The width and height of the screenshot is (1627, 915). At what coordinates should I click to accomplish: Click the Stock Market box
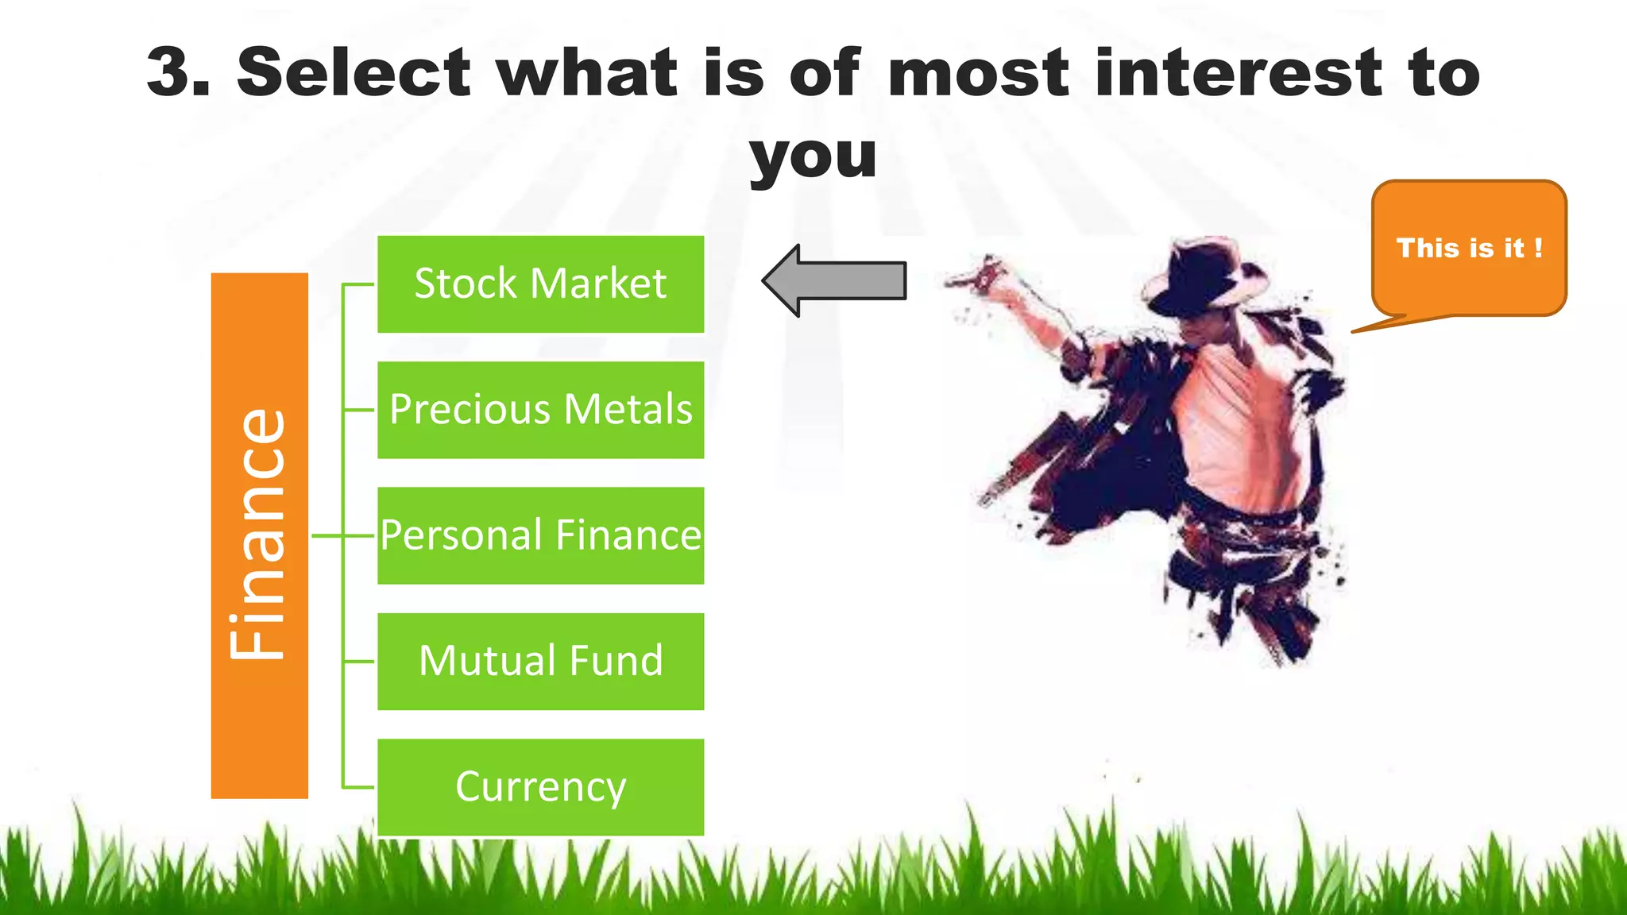coord(540,284)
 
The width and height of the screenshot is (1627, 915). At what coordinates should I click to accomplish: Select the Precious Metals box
coord(540,410)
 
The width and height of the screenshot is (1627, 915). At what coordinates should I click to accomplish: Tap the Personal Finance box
coord(540,535)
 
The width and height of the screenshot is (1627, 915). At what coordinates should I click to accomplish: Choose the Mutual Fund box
coord(540,661)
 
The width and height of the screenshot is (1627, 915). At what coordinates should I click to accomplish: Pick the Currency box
coord(540,787)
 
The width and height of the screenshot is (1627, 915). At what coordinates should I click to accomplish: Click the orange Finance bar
coord(259,535)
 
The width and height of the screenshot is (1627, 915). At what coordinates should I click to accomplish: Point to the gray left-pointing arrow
coord(834,280)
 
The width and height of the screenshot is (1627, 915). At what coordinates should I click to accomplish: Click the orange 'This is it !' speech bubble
coord(1468,248)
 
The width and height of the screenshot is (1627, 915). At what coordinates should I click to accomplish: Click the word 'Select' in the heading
coord(354,73)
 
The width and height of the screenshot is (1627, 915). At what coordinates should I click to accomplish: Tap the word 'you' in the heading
coord(813,156)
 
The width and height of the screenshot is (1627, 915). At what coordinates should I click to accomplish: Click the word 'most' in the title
coord(978,73)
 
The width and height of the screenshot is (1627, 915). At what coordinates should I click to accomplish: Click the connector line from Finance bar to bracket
coord(327,536)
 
